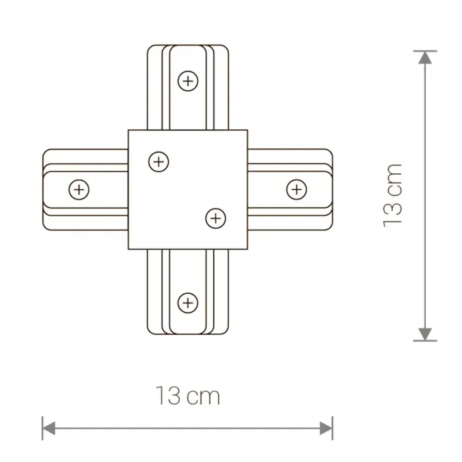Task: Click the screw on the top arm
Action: [188, 81]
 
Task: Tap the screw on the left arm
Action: [79, 189]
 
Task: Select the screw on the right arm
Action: [297, 189]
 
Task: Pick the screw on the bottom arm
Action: [188, 303]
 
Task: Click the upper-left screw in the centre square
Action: [159, 162]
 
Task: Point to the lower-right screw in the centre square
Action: [216, 219]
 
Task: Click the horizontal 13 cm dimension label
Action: [188, 396]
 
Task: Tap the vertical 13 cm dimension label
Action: [392, 196]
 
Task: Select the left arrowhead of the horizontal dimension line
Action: [49, 428]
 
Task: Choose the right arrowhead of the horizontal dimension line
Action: [326, 428]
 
